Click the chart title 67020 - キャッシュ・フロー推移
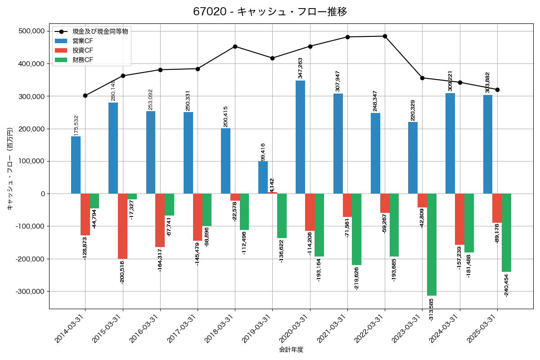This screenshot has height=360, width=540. point(270,12)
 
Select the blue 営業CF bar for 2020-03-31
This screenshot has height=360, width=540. point(300,137)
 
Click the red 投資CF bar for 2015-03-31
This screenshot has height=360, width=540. point(122,226)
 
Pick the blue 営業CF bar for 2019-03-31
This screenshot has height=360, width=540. point(263,177)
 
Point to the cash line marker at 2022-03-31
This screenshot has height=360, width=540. point(385,36)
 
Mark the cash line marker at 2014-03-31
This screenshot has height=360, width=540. point(85,95)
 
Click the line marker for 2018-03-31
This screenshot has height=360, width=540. point(235,46)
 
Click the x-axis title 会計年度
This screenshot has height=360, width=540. point(291,350)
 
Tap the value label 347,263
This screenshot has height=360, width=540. point(300,68)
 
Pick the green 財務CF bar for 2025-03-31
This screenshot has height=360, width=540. point(506,233)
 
